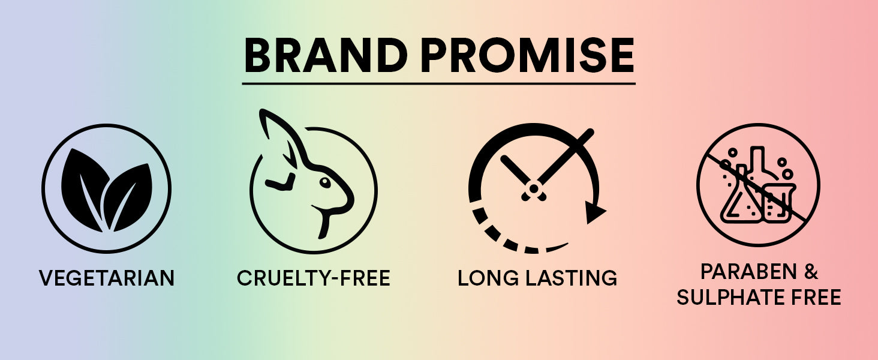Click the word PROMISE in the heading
tap(527, 55)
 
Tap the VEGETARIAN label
tap(107, 278)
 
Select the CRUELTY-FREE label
tap(314, 278)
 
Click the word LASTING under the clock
tap(572, 278)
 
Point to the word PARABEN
tap(748, 272)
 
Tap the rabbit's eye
tap(325, 182)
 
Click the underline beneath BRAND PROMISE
tap(438, 83)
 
